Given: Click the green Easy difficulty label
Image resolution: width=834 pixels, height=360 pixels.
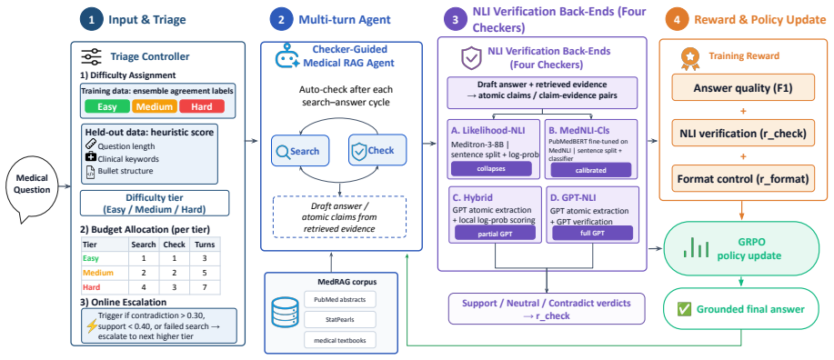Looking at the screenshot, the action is tap(107, 106).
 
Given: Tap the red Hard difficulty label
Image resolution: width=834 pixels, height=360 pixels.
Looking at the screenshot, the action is tap(202, 106).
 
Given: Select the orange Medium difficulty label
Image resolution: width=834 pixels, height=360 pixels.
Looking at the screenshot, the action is tap(155, 106).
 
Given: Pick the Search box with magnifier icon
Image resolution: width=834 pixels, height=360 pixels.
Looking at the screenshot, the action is tap(300, 151).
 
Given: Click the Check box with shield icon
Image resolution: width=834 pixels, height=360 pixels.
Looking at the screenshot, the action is tap(377, 151).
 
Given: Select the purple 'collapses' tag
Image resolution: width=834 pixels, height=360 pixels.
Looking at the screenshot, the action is tap(491, 169).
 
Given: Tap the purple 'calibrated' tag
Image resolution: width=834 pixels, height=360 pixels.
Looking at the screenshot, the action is tap(591, 170).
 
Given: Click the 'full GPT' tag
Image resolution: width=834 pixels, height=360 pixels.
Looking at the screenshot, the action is tap(592, 234).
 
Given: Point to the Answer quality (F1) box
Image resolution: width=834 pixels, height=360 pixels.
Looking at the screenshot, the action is tap(743, 88).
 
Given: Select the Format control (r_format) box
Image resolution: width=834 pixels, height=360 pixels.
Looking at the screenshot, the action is tap(743, 179).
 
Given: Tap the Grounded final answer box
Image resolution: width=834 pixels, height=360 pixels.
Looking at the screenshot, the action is tap(745, 308).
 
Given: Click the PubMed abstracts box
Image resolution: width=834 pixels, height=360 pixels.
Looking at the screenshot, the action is tap(340, 299).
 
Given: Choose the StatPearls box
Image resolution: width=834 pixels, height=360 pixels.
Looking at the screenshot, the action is tap(340, 320).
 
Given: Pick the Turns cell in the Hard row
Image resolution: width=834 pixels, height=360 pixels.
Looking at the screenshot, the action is tap(206, 287).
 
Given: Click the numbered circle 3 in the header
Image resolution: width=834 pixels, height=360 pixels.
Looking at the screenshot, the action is tap(455, 21).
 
